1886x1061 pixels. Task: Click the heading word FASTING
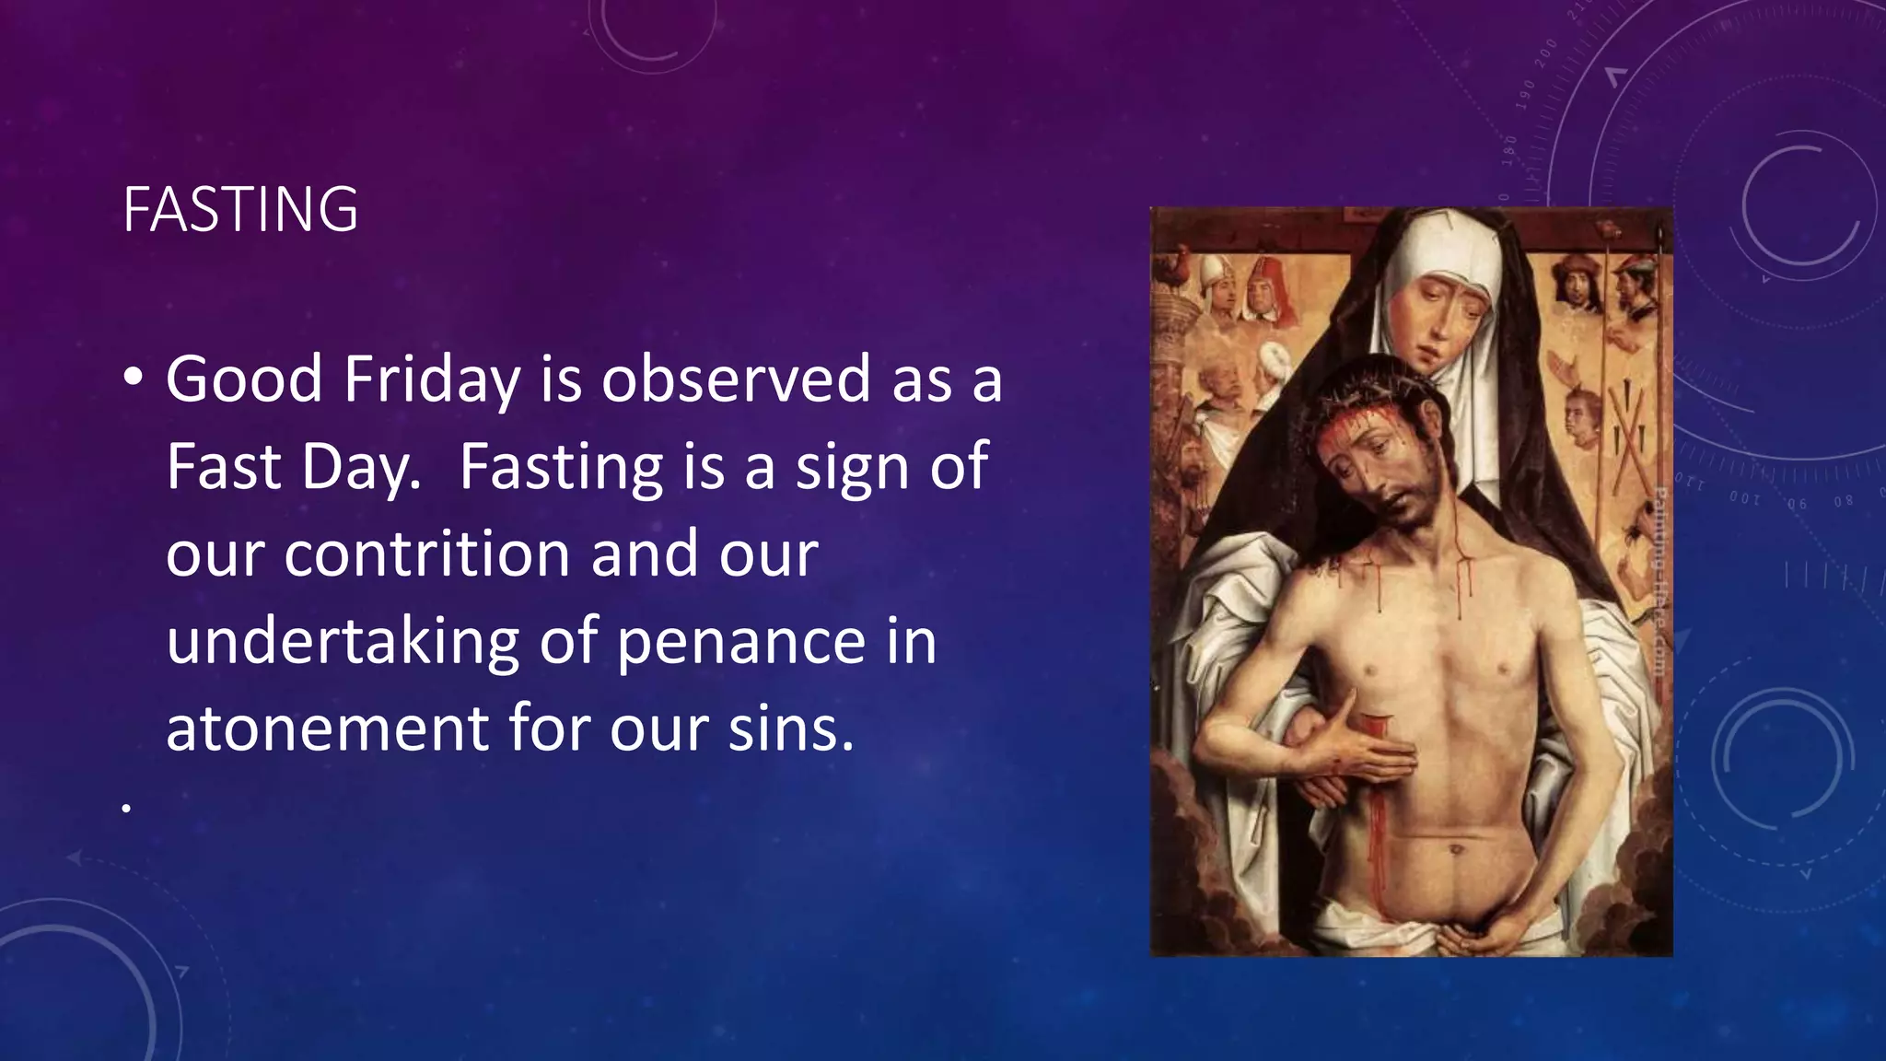[240, 210]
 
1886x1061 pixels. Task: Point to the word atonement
[326, 728]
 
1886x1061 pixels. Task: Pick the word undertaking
[343, 642]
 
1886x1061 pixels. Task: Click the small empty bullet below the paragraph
[125, 809]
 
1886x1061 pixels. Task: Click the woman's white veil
[1400, 276]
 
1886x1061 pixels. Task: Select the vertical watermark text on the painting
[1659, 580]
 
